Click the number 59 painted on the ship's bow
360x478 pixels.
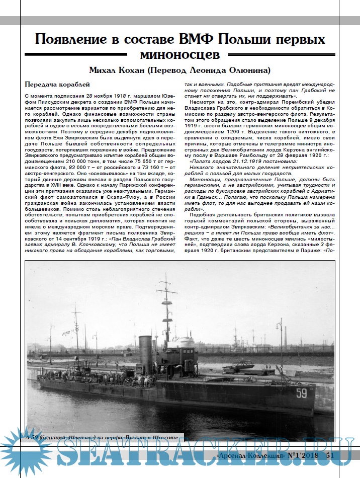[301, 393]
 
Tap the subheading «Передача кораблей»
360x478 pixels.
[57, 85]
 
